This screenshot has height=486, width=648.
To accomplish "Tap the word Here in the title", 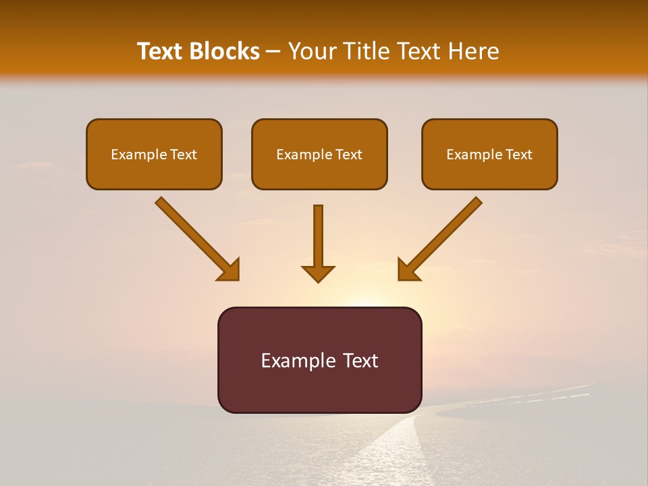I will tap(473, 51).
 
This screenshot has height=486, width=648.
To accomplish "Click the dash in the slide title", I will tap(273, 52).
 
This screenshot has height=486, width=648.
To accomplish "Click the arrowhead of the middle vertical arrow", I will tap(318, 273).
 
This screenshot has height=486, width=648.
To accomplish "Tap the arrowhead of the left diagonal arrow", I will tap(230, 270).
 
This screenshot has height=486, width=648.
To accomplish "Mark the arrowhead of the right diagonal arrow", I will tap(408, 270).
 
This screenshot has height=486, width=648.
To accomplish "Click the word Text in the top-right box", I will tap(518, 155).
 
